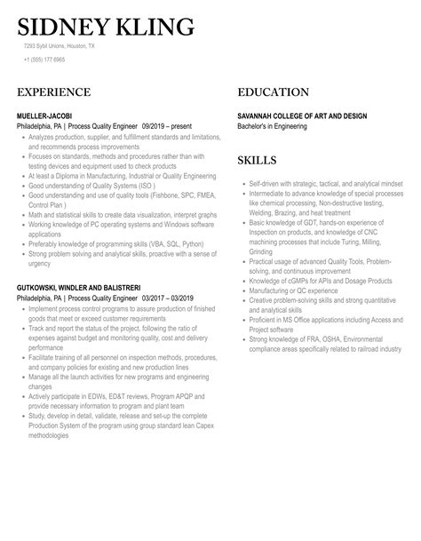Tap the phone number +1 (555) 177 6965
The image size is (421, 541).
pyautogui.click(x=44, y=59)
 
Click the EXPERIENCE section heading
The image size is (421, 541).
pyautogui.click(x=54, y=92)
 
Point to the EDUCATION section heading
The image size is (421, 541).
pyautogui.click(x=274, y=92)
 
